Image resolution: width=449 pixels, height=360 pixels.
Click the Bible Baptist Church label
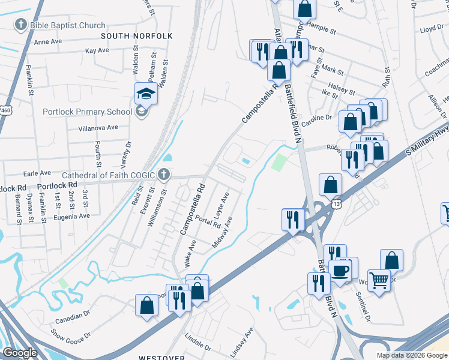tap(67, 26)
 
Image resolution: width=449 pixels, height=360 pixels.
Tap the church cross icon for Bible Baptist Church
tap(21, 25)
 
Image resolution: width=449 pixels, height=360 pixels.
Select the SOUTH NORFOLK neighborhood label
tap(137, 36)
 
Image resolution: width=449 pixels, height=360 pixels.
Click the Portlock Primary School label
tap(87, 112)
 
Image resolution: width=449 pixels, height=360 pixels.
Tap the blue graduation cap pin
tap(146, 93)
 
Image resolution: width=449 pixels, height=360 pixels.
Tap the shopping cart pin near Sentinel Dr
tap(379, 279)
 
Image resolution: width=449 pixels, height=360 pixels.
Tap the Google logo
tap(20, 353)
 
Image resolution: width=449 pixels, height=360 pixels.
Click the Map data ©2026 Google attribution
tap(412, 355)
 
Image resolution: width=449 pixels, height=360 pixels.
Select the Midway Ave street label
tap(222, 233)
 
